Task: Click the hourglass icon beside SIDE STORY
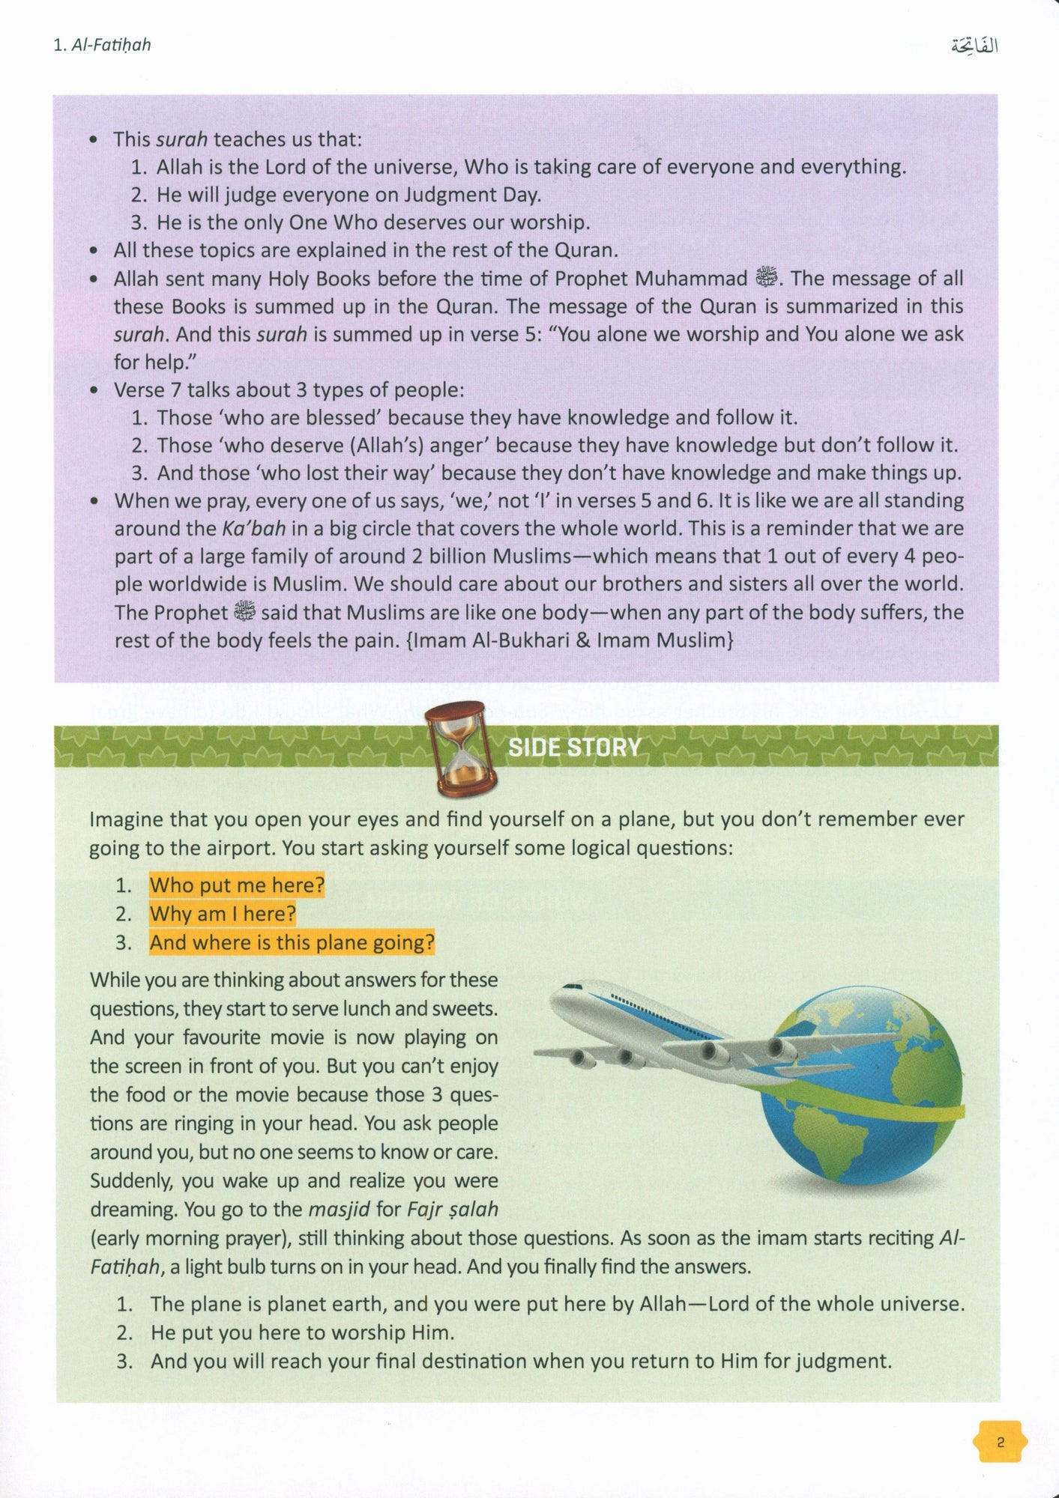pos(459,748)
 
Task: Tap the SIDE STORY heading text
pos(574,747)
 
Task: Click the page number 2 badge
pos(1000,1441)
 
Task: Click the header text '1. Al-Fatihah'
pos(103,45)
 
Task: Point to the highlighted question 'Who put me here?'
pos(237,885)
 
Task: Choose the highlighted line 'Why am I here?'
pos(223,914)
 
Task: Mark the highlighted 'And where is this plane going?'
pos(292,942)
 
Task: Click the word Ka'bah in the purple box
pos(254,528)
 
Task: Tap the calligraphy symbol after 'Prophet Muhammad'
pos(767,278)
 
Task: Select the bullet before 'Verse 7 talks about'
pos(93,390)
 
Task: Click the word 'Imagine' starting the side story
pos(126,819)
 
